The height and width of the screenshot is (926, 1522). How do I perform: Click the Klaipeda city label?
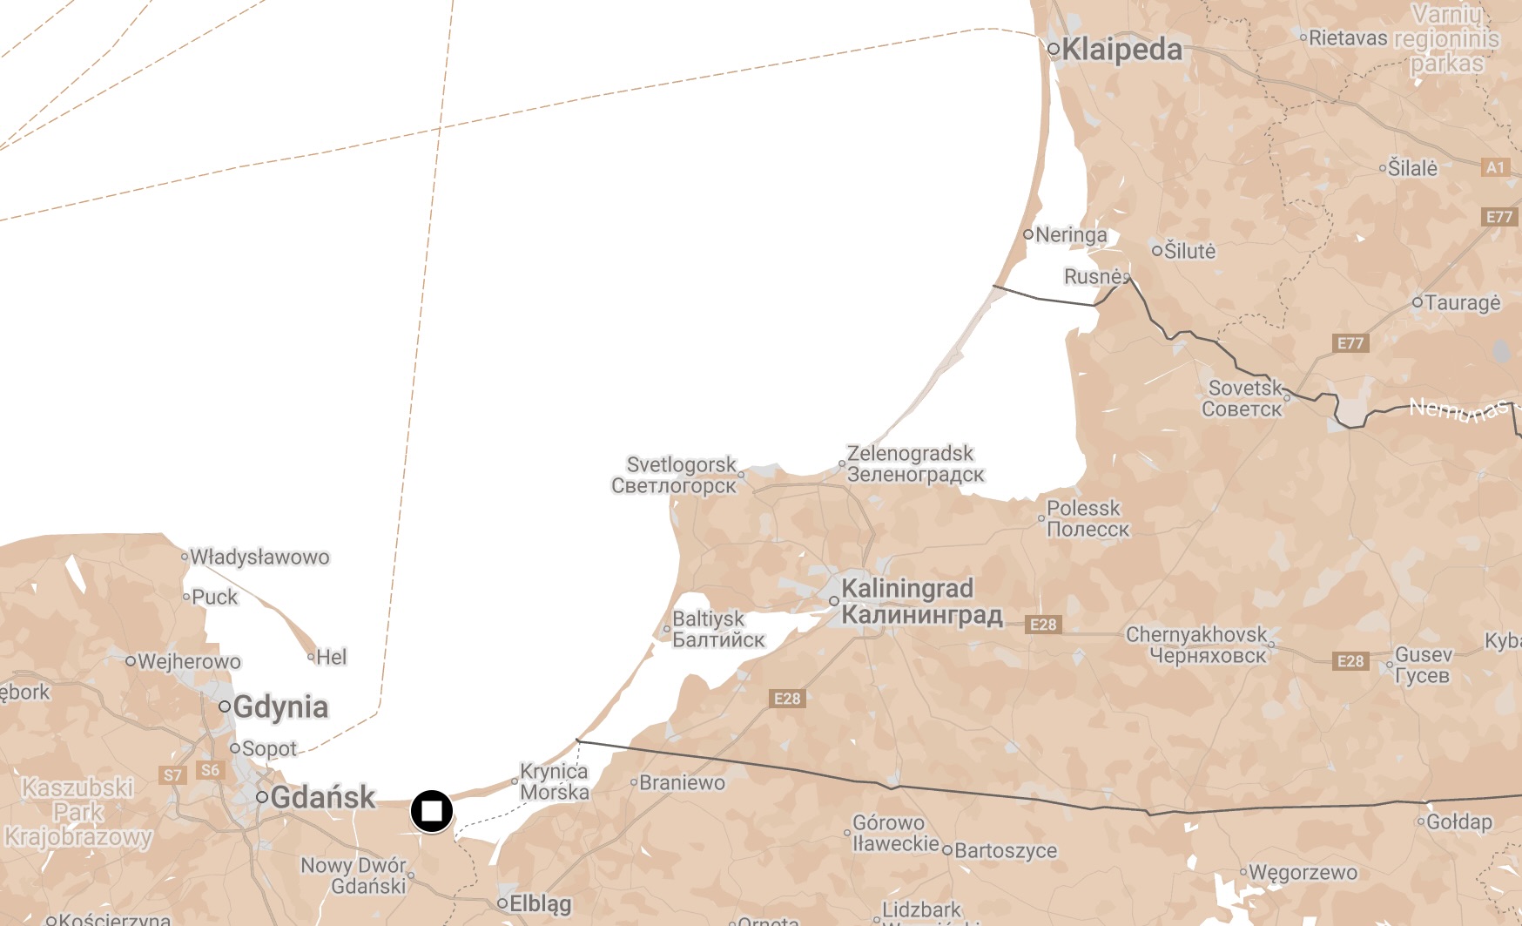1121,50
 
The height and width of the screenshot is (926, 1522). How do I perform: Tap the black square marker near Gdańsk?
432,812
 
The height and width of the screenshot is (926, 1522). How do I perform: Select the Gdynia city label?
280,707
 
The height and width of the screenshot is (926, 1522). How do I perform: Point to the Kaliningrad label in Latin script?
906,589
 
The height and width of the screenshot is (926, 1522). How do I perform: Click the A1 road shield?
1495,167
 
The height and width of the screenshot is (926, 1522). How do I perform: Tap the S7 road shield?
173,775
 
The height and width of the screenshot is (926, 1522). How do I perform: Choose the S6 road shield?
210,770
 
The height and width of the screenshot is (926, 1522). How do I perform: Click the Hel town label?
331,657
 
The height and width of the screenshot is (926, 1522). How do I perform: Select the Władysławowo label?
259,557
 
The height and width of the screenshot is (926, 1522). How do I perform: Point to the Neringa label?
1071,235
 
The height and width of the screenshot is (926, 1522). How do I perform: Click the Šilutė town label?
1189,251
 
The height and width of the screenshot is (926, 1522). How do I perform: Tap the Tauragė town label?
1463,303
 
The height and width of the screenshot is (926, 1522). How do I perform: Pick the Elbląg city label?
540,904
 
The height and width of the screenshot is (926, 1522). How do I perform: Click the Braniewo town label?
682,782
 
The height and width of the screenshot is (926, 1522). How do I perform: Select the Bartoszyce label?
1006,850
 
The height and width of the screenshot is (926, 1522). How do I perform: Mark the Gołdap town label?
1459,821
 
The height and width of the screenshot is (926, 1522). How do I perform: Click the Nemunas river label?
1458,409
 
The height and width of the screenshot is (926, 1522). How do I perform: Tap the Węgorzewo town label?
1303,872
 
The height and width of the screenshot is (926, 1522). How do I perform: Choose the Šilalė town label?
1412,168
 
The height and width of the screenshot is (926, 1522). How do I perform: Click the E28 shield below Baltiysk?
787,699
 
